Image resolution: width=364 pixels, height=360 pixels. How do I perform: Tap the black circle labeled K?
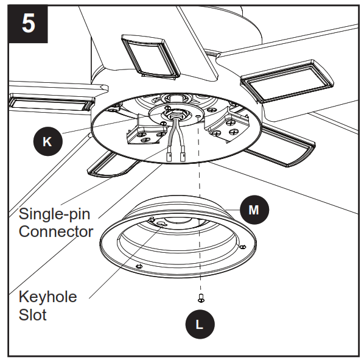pyautogui.click(x=48, y=142)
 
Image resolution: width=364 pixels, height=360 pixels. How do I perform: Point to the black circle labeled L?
pyautogui.click(x=200, y=323)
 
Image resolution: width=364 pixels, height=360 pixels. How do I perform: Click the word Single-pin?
pyautogui.click(x=55, y=214)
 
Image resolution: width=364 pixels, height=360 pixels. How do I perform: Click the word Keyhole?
pyautogui.click(x=47, y=297)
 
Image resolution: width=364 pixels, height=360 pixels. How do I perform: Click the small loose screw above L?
pyautogui.click(x=200, y=298)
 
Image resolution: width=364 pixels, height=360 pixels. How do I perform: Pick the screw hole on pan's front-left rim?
pyautogui.click(x=139, y=266)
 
